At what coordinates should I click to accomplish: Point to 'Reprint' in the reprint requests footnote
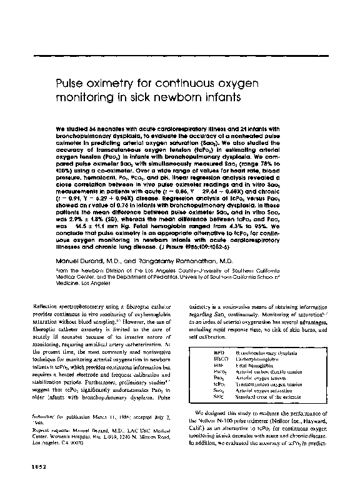44,449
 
